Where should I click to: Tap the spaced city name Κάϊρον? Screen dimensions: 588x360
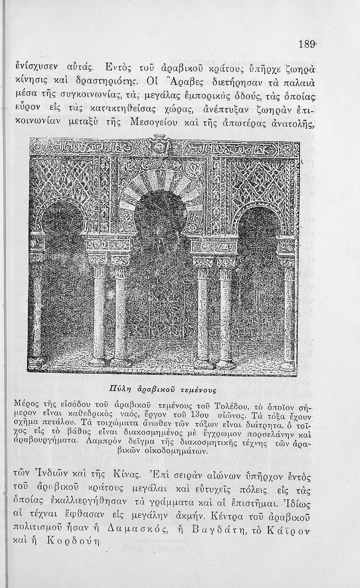point(287,531)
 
